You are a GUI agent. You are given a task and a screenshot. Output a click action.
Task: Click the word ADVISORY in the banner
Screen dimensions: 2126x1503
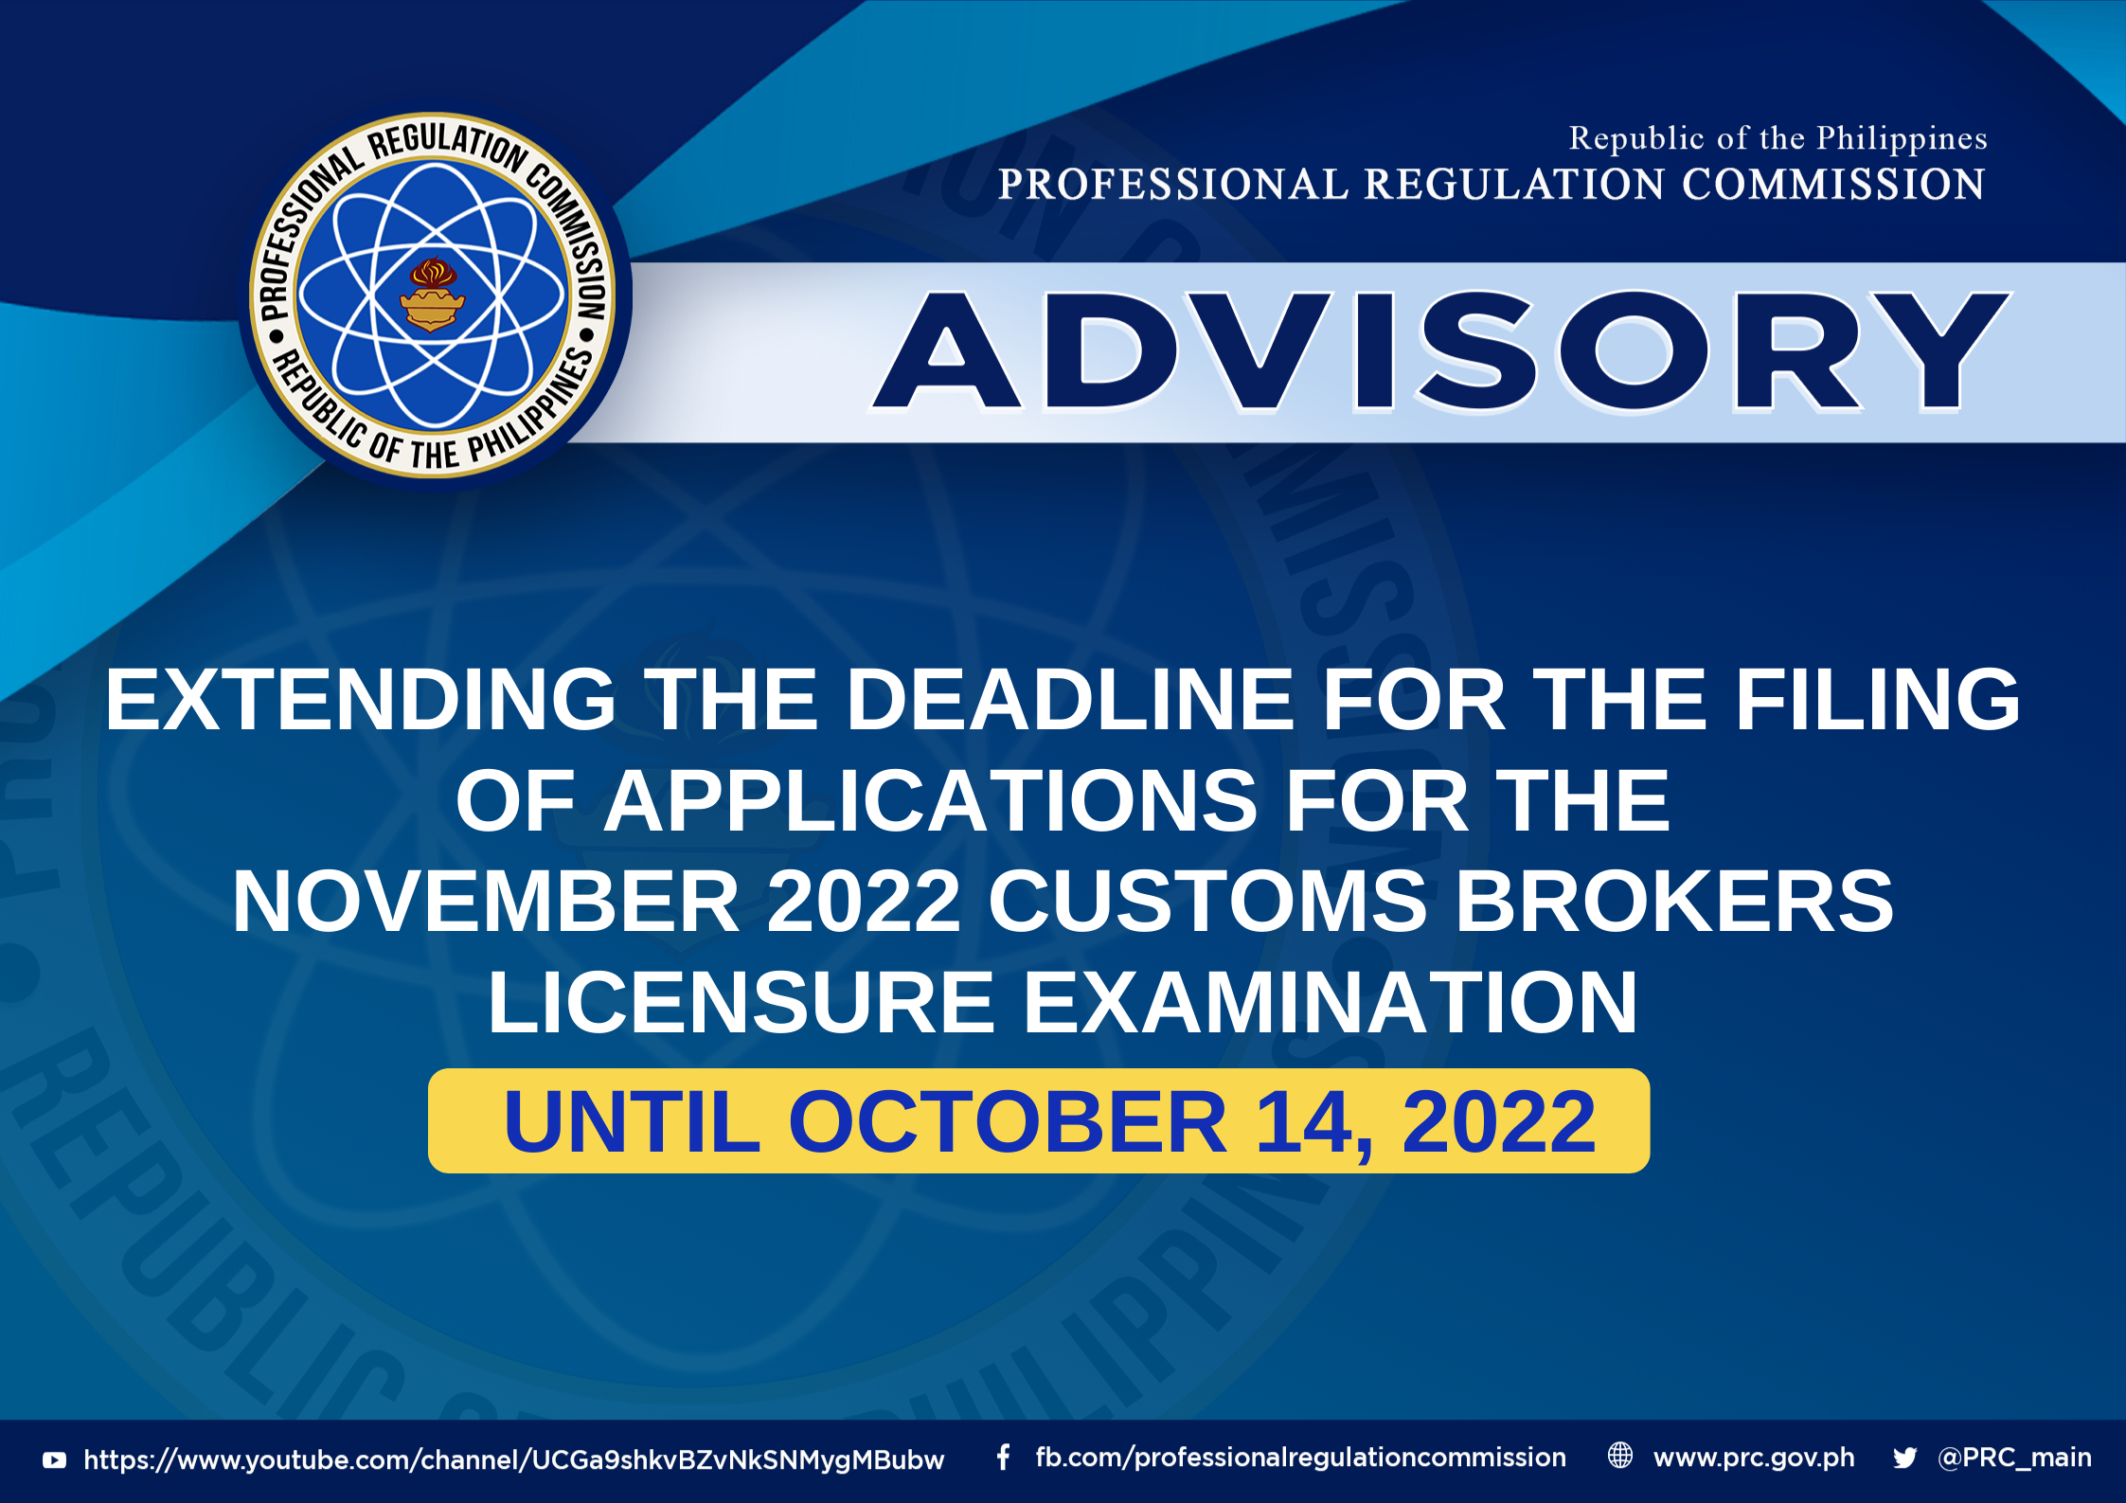(1440, 351)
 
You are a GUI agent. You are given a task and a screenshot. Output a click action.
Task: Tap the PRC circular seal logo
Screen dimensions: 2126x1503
(433, 295)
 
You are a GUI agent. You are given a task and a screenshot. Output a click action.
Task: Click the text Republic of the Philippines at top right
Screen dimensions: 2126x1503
(1778, 139)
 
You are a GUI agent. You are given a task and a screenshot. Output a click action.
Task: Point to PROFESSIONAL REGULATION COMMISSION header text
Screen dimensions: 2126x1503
(1492, 185)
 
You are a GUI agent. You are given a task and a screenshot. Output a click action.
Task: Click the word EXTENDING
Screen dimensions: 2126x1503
(361, 700)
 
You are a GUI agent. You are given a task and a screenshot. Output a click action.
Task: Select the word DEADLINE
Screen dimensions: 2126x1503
(1070, 700)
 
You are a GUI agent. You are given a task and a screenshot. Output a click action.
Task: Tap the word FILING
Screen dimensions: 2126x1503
(1877, 700)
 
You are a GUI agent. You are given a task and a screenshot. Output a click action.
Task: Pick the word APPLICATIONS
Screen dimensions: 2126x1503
(932, 801)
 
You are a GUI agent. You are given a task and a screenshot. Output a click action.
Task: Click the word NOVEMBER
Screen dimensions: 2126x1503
(486, 902)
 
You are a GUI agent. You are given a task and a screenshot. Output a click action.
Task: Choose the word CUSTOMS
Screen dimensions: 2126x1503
(1207, 902)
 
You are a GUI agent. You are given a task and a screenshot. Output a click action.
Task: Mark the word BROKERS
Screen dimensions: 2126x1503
(1674, 902)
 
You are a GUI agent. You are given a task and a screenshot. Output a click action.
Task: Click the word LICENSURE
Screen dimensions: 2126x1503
(741, 1003)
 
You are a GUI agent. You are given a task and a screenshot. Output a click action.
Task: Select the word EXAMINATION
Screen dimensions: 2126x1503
(1331, 1003)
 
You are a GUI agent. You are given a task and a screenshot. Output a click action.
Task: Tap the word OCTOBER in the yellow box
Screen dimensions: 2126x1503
(1008, 1122)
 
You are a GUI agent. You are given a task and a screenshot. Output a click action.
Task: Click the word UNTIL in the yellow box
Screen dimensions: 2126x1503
(633, 1122)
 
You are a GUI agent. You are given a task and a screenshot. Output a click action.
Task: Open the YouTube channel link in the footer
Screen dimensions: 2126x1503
(514, 1459)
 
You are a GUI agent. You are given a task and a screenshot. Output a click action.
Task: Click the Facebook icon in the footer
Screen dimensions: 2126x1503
(1003, 1458)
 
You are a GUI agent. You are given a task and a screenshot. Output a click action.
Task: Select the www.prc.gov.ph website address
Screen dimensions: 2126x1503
(1754, 1458)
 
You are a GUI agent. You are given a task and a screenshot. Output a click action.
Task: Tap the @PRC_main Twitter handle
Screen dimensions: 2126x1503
(2014, 1458)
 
